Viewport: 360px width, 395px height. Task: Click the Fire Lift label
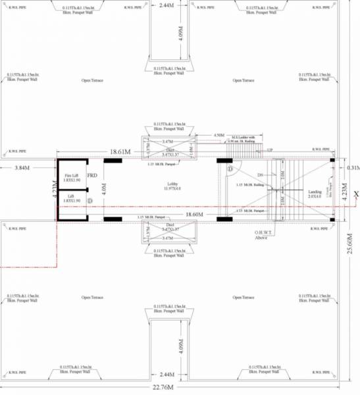tap(72, 176)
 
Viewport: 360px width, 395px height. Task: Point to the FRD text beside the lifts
tap(92, 176)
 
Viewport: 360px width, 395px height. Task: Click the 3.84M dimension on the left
tap(24, 168)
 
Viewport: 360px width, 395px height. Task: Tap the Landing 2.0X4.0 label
tap(315, 194)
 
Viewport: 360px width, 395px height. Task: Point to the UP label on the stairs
tap(270, 150)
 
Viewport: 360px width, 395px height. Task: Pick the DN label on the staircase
tap(261, 174)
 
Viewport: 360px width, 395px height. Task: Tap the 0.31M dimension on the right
tap(352, 169)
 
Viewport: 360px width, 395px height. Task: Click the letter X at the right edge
tap(355, 194)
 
